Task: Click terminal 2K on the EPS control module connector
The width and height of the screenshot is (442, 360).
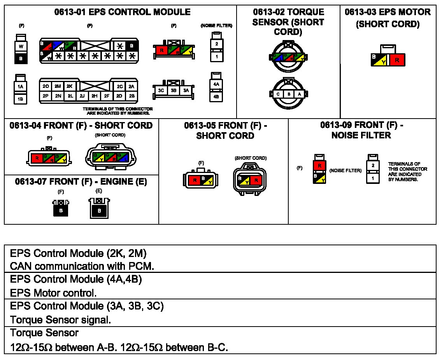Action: point(70,86)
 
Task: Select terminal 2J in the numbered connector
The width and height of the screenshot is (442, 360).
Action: point(82,96)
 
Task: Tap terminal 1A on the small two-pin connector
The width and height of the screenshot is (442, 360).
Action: point(21,87)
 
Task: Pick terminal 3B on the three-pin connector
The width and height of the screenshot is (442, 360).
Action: point(174,91)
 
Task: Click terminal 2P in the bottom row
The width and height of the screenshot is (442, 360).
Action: point(46,96)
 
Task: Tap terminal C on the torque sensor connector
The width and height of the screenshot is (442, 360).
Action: point(278,94)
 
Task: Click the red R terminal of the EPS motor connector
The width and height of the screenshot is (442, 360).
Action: point(397,60)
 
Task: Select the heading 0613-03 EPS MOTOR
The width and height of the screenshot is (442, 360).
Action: point(388,12)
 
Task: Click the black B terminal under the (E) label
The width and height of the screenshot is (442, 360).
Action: point(99,211)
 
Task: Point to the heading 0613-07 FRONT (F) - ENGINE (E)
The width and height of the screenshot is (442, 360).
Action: point(81,182)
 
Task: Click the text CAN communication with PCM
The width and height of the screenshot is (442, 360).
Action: point(82,266)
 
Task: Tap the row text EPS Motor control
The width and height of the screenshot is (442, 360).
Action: point(53,293)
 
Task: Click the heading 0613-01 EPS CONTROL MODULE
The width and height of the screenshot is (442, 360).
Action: point(122,12)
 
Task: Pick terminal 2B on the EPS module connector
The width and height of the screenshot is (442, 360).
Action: point(132,96)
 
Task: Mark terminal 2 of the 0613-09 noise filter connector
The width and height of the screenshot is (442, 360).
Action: point(373,166)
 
